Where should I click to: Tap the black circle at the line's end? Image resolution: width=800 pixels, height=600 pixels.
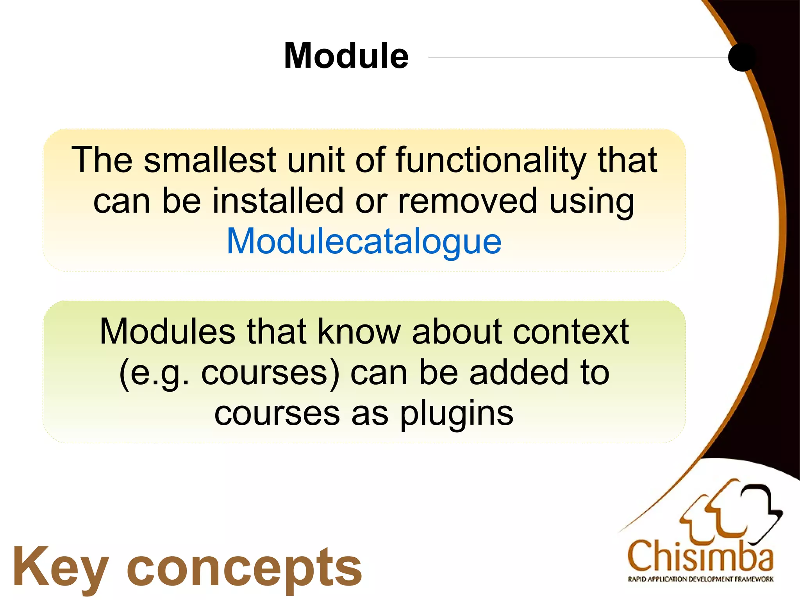[x=742, y=57]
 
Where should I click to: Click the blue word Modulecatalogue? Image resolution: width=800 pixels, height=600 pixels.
[x=364, y=242]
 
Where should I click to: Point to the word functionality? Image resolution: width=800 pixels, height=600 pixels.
[x=491, y=161]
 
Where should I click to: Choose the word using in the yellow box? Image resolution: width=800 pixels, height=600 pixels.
[x=591, y=202]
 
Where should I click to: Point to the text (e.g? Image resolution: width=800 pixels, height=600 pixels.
[x=154, y=374]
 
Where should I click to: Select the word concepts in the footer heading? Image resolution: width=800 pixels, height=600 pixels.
[x=245, y=569]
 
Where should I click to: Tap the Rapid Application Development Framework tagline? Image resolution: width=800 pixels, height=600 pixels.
[x=700, y=579]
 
